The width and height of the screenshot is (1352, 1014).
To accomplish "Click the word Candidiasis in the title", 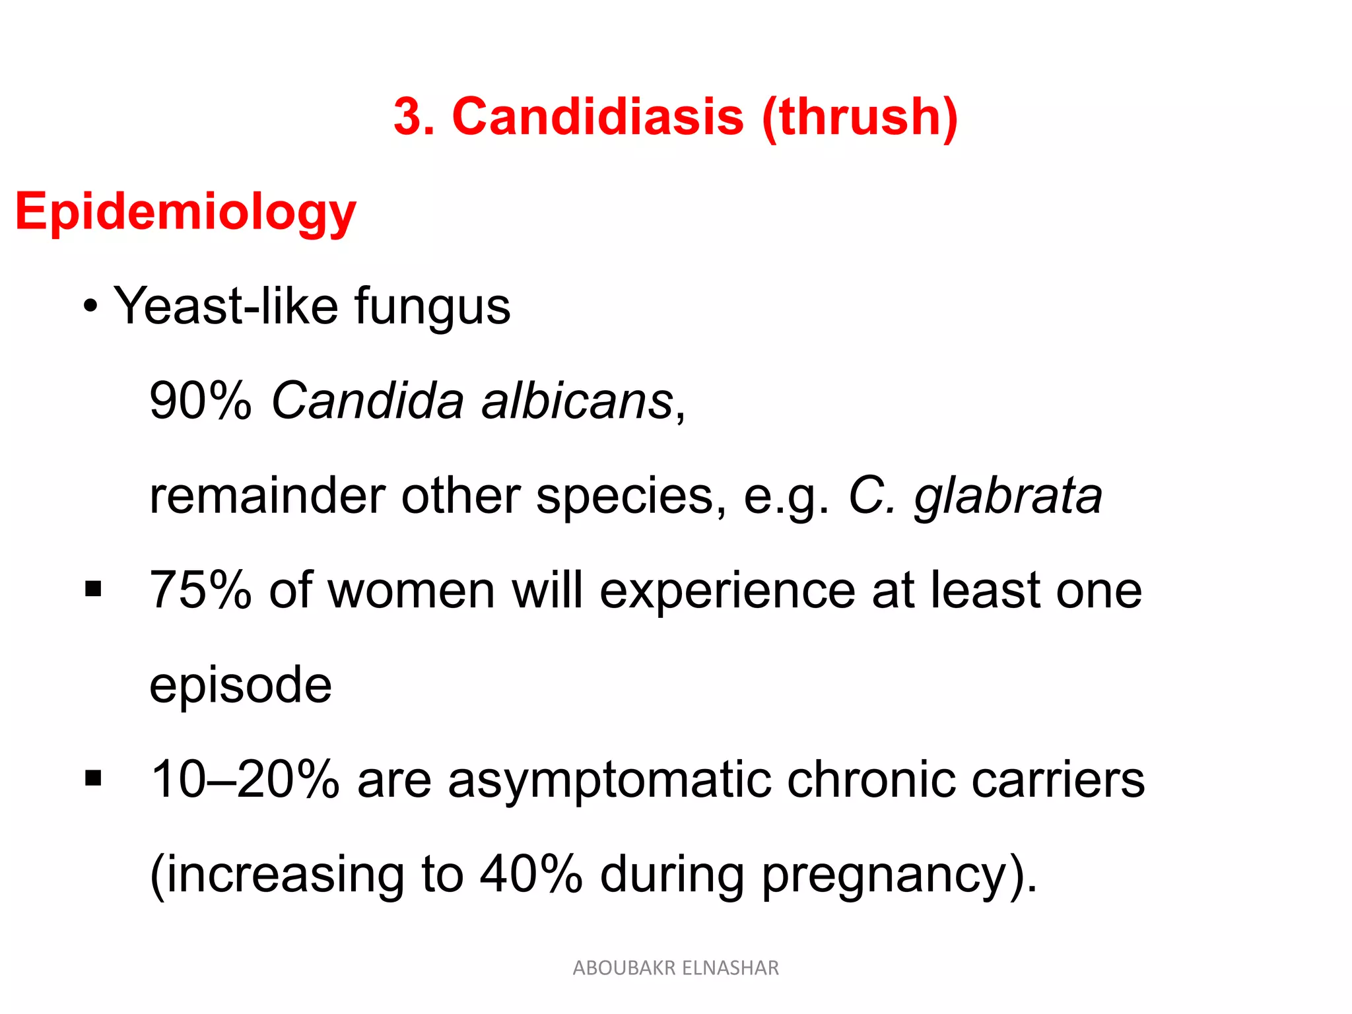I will [597, 117].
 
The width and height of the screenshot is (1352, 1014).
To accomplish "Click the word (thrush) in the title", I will [860, 117].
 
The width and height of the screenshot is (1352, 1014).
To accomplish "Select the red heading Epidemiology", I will [186, 213].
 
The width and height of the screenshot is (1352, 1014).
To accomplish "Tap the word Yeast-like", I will [225, 306].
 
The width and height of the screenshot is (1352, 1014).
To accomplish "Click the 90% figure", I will [201, 401].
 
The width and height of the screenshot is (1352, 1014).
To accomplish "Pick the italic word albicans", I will [576, 401].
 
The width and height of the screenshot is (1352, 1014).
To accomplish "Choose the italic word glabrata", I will [1007, 496].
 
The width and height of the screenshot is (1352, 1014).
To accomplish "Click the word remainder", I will [267, 495].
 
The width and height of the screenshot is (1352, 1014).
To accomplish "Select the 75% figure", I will [201, 590].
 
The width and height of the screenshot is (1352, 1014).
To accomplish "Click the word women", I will [411, 590].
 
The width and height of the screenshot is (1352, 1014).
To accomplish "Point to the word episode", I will [240, 685].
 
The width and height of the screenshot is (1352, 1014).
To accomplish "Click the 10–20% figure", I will [245, 780].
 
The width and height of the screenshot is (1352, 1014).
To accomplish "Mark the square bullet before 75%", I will [93, 588].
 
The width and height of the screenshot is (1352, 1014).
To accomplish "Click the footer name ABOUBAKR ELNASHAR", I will [675, 968].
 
